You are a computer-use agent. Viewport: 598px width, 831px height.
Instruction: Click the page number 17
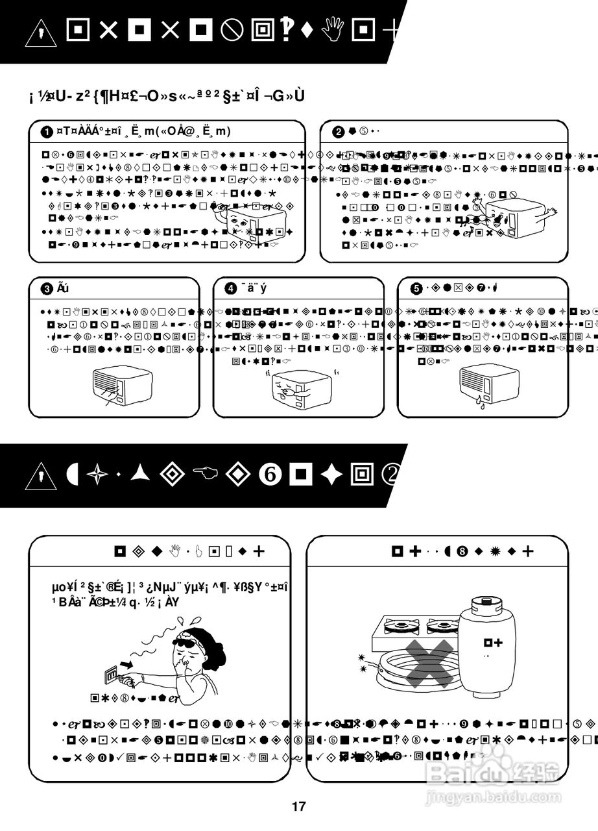pyautogui.click(x=298, y=807)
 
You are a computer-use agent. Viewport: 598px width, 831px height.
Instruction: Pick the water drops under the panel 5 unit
pyautogui.click(x=480, y=403)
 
